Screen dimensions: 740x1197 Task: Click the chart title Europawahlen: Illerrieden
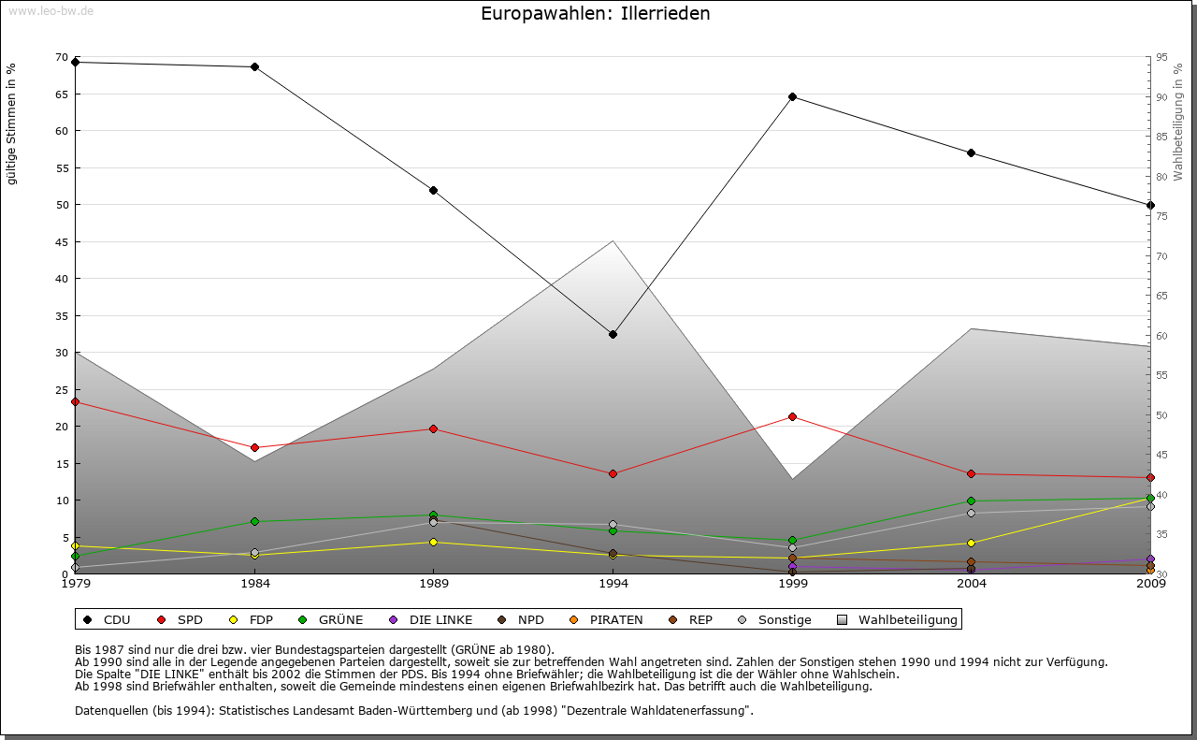[x=595, y=14]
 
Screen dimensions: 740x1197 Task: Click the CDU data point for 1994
[x=613, y=334]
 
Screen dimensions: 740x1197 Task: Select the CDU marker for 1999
[x=792, y=96]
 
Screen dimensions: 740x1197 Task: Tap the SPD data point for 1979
[x=75, y=401]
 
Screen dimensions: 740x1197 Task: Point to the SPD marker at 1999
[x=792, y=416]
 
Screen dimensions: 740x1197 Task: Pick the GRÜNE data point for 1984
[x=254, y=521]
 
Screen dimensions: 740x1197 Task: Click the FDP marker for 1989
[x=433, y=542]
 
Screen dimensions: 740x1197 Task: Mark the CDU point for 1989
[x=433, y=190]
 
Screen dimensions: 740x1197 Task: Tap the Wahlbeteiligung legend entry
[x=898, y=619]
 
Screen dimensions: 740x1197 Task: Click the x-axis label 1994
[x=613, y=584]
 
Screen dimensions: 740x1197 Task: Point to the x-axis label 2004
[x=972, y=584]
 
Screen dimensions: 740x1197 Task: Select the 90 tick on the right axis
[x=1161, y=96]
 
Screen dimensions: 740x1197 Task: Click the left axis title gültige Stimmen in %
[x=12, y=124]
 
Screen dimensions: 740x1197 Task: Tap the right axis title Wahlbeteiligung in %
[x=1178, y=123]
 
